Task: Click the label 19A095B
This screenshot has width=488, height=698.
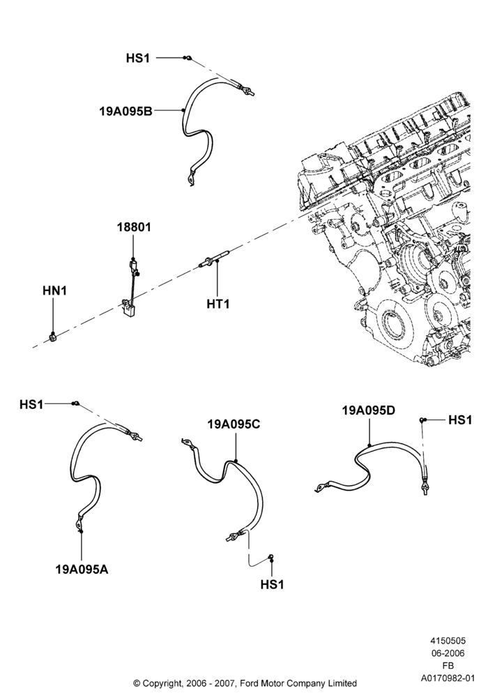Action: click(x=125, y=111)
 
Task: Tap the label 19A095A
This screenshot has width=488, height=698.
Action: click(x=82, y=570)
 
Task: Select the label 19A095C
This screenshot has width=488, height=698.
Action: click(x=234, y=424)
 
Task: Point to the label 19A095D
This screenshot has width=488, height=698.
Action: click(x=369, y=410)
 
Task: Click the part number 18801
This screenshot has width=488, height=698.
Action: click(x=134, y=227)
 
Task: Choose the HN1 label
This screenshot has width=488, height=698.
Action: click(x=54, y=290)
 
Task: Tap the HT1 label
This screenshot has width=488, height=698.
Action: click(x=218, y=304)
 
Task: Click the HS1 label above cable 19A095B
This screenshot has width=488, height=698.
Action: click(x=138, y=58)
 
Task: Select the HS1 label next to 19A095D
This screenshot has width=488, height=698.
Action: click(x=460, y=419)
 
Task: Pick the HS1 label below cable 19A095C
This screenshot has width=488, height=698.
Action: click(x=273, y=584)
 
